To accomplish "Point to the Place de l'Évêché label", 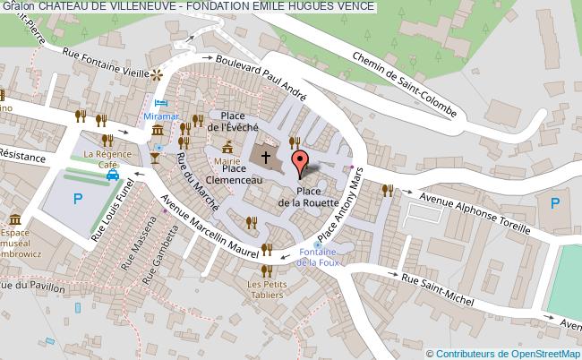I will click(233, 121).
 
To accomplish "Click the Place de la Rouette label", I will click(308, 197).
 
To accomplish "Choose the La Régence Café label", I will click(101, 159).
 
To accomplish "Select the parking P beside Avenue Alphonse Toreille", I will click(554, 204).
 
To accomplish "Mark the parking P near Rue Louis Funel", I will click(77, 199).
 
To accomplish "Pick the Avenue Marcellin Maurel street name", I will click(206, 225).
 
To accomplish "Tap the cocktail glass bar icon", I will click(155, 158).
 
